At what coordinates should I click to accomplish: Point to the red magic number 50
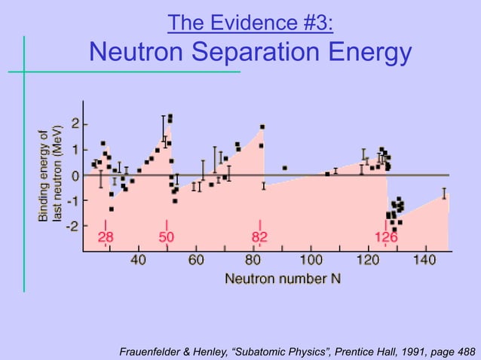click(167, 238)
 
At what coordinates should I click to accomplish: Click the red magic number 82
click(259, 238)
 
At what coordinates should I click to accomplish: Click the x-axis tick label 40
click(139, 261)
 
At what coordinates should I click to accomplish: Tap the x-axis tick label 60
click(196, 261)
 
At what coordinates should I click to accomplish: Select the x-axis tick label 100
click(311, 261)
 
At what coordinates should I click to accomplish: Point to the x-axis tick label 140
click(424, 261)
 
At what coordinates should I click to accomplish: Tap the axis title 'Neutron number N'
click(283, 278)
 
